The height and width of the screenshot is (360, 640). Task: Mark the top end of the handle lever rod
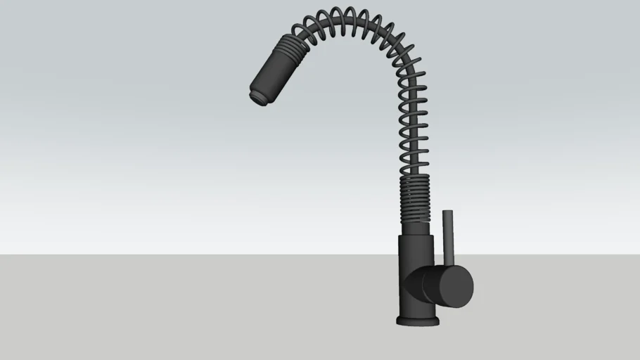coord(446,212)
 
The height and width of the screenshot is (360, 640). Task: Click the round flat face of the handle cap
coord(457,286)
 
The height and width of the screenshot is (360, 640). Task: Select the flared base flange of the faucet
coord(418,321)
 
